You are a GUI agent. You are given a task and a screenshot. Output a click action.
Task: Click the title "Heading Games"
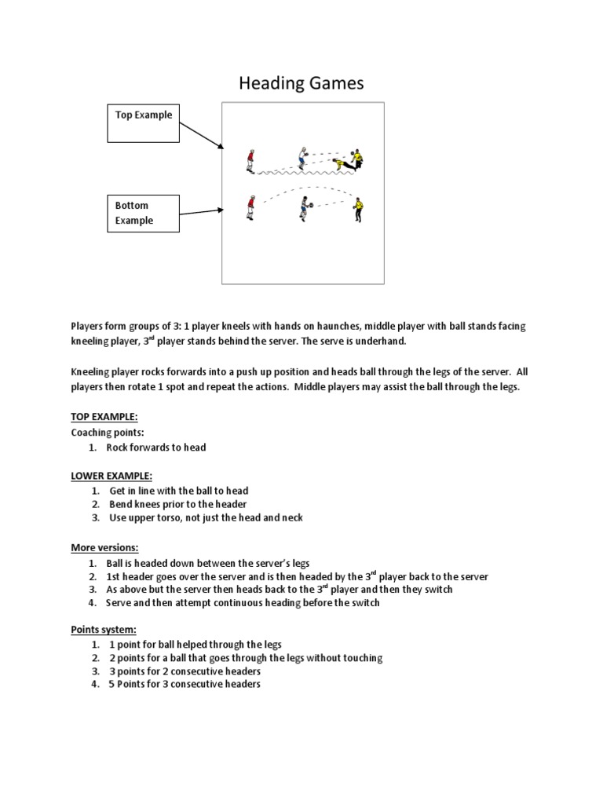[301, 83]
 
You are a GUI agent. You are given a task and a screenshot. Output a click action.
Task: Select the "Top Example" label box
[143, 122]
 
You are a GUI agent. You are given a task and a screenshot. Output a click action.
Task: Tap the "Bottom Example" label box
[143, 213]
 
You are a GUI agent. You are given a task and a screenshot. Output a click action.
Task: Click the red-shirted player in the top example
[250, 160]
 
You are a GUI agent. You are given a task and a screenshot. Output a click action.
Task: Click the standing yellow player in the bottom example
[359, 208]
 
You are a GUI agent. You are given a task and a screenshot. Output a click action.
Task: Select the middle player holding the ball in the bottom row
[305, 207]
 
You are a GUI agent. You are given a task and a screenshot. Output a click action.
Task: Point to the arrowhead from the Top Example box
[221, 147]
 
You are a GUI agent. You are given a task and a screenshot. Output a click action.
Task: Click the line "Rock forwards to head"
[156, 447]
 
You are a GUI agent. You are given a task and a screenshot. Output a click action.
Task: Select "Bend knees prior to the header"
[178, 504]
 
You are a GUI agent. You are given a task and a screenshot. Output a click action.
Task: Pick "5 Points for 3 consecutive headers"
[185, 684]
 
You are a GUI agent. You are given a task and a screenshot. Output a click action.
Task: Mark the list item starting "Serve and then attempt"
[243, 602]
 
